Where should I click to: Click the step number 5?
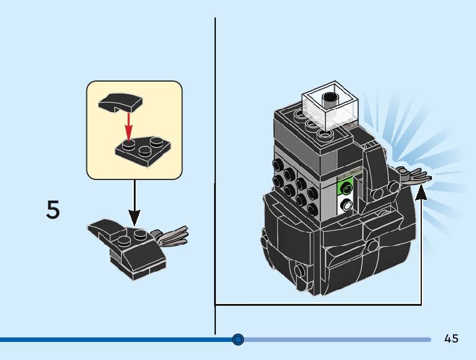[54, 210]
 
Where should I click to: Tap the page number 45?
[452, 338]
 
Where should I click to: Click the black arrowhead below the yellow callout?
[134, 219]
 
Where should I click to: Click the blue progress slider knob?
[238, 339]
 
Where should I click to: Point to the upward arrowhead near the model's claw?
[421, 194]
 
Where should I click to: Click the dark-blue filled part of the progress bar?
[112, 339]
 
